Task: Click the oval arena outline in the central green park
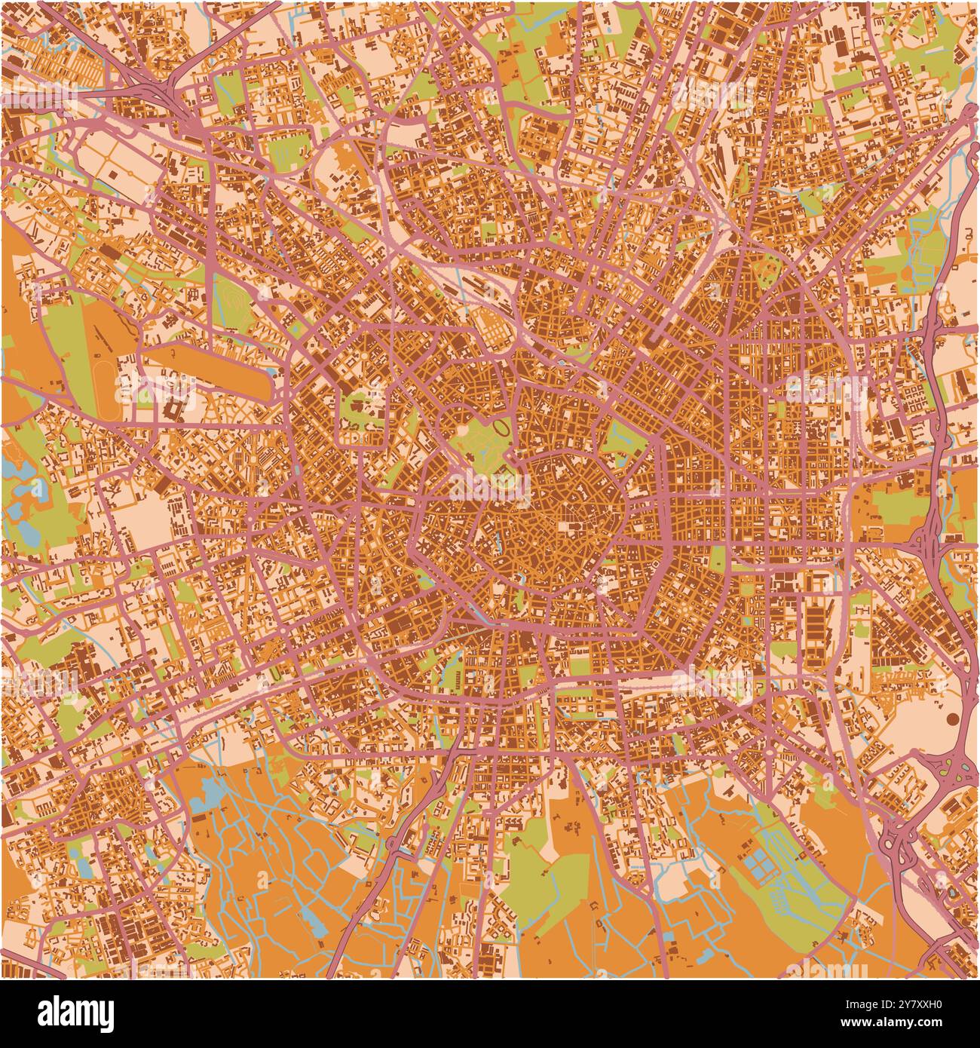point(501,429)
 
